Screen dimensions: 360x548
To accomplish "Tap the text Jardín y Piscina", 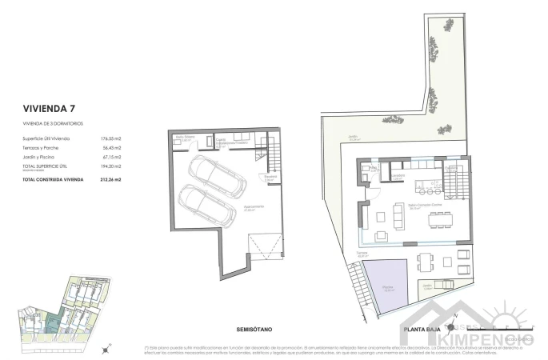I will [41, 157].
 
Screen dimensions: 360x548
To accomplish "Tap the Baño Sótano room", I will [186, 139].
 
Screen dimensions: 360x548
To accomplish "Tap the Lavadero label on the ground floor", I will [398, 174].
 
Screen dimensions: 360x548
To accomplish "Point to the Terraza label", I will [362, 254].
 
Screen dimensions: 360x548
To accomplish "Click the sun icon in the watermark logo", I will [510, 314].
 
